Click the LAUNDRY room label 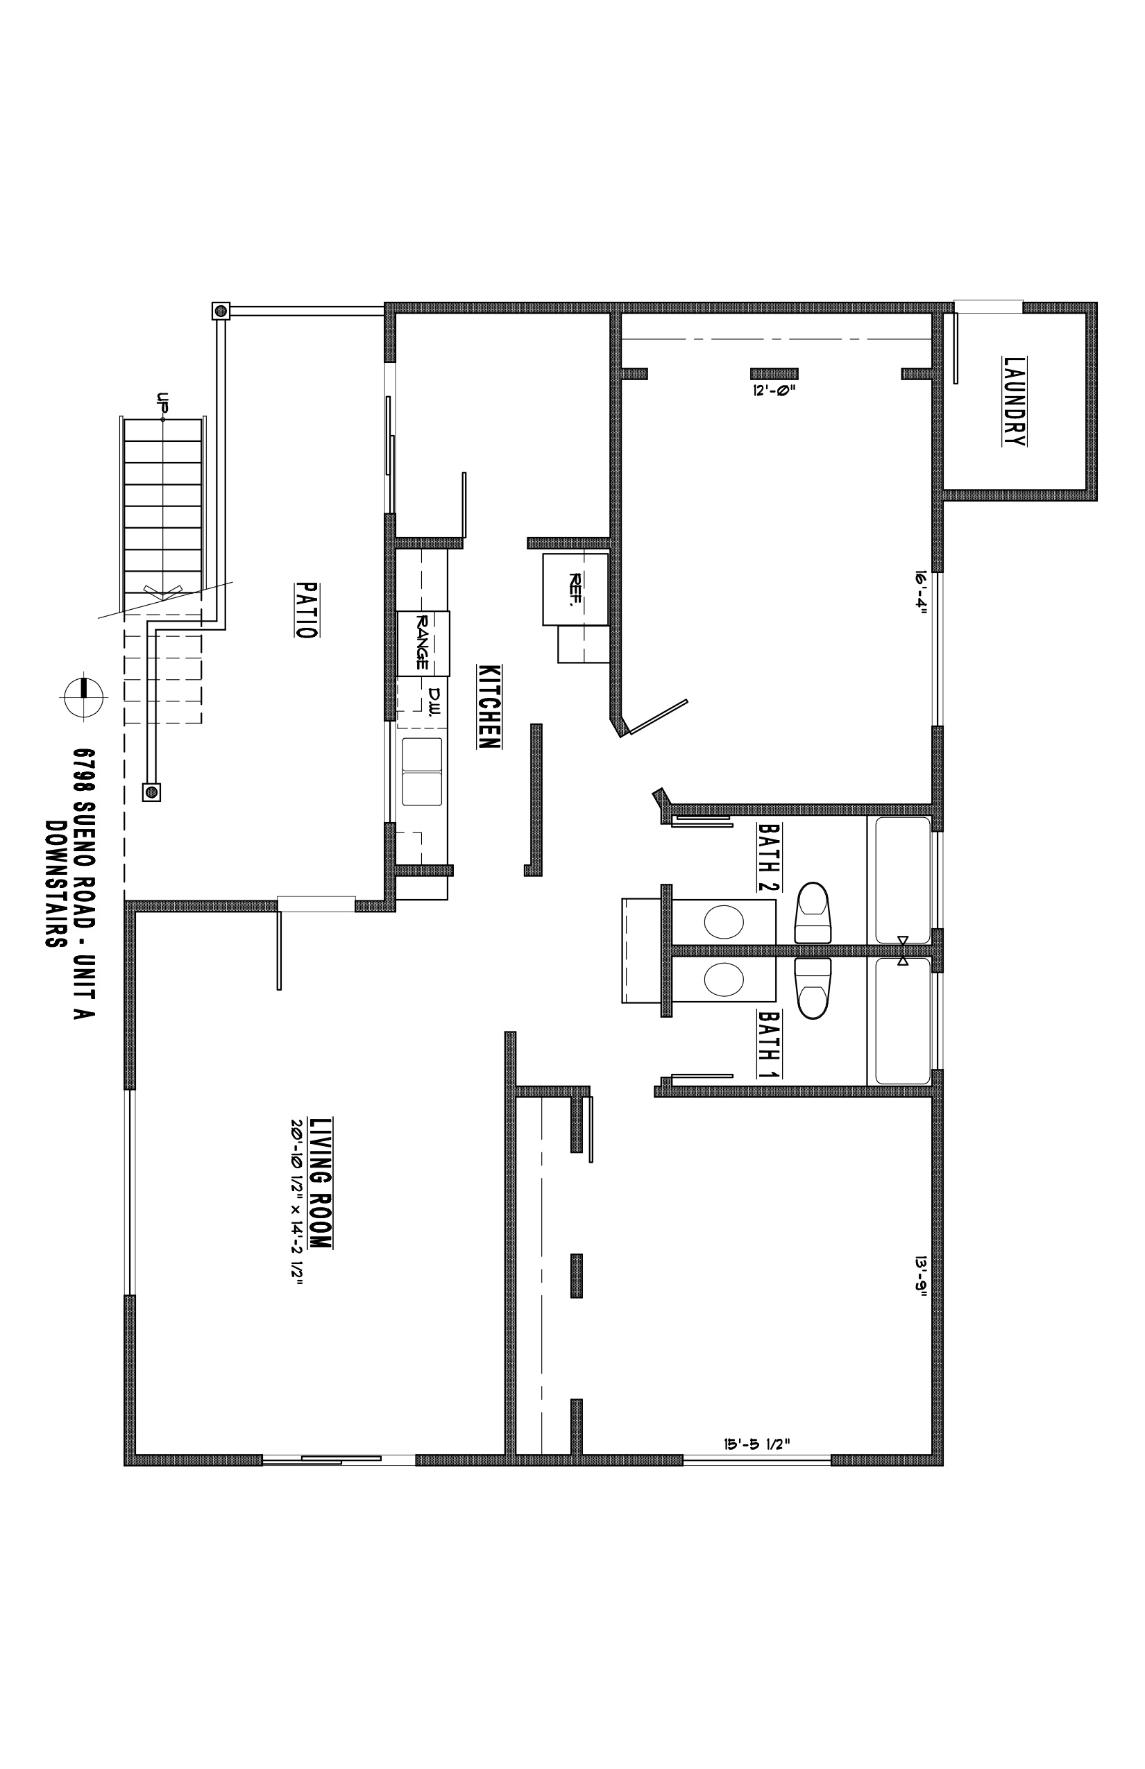point(1015,402)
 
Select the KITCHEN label point(489,706)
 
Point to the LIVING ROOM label point(321,1183)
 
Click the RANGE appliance point(423,643)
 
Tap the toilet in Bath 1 point(813,988)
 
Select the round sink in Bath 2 point(723,923)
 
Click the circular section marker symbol point(83,697)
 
